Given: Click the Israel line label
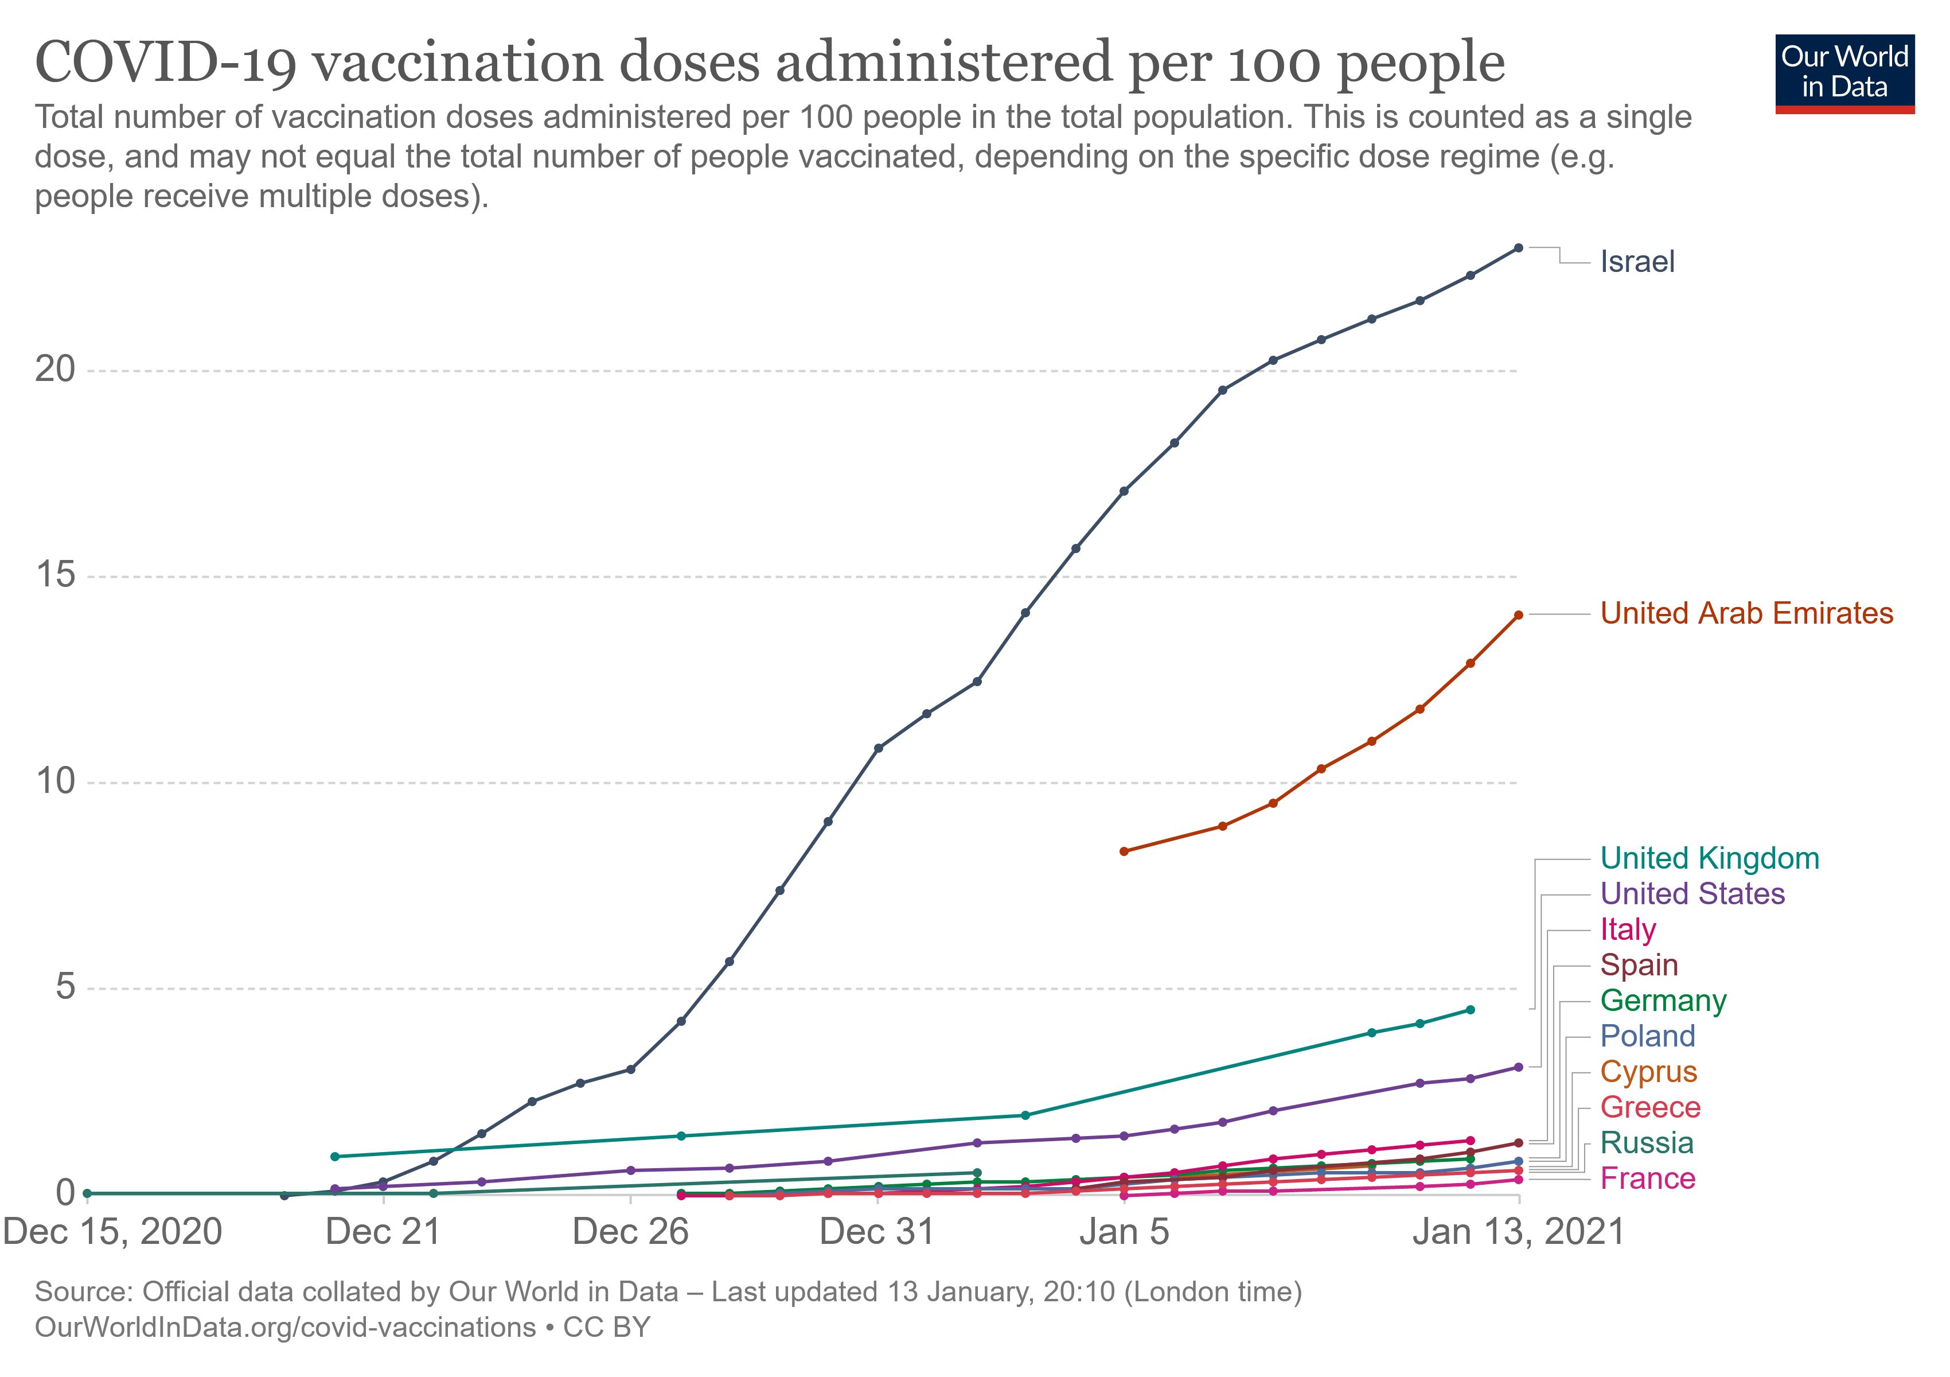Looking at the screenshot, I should (x=1637, y=262).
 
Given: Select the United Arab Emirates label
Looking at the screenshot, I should (x=1746, y=613).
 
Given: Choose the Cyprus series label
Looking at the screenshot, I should (x=1648, y=1071).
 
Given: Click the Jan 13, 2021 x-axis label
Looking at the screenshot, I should (x=1518, y=1232).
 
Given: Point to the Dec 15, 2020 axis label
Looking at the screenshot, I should (x=113, y=1232).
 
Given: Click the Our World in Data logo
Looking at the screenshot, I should (x=1844, y=73).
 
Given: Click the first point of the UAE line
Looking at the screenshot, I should (x=1124, y=851).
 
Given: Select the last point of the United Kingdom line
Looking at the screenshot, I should (x=1470, y=1009).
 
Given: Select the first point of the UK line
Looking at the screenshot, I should (x=334, y=1156).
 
